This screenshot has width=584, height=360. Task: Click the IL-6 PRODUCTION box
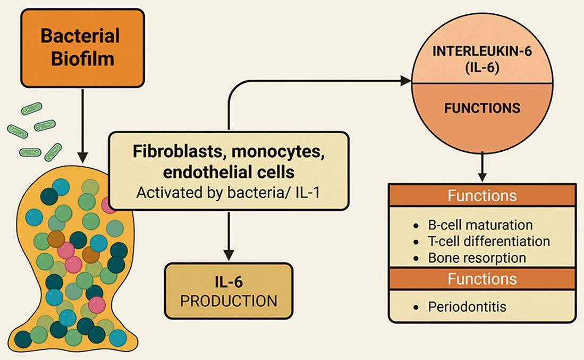pos(228,291)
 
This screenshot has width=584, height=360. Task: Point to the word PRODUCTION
pos(228,301)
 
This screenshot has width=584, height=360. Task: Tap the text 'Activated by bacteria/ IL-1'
pos(228,191)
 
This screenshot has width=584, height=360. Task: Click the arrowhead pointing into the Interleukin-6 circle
pos(406,81)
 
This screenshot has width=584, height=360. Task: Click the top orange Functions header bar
pos(481,195)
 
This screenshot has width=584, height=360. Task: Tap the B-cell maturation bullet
pos(480,225)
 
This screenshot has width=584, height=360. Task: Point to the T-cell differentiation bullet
pos(488,241)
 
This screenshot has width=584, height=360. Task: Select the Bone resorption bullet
pos(477,258)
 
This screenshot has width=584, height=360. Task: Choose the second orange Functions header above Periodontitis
pos(481,279)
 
